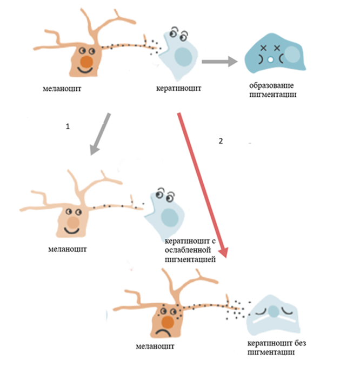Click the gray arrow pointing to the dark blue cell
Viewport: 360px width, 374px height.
[218, 62]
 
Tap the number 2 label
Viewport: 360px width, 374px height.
[220, 141]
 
